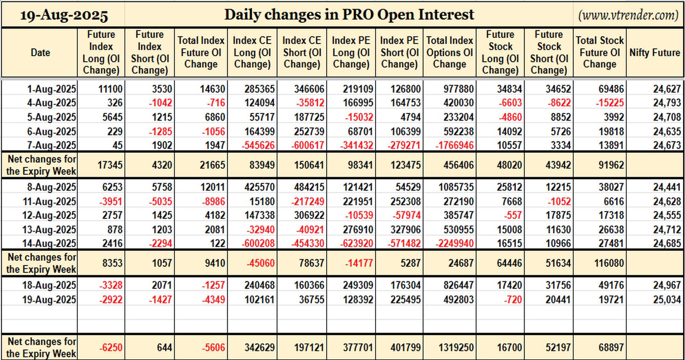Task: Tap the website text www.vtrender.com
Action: [628, 15]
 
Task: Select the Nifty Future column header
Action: [655, 52]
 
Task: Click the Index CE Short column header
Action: [302, 52]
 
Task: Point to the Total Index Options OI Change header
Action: [449, 52]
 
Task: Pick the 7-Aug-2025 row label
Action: [51, 145]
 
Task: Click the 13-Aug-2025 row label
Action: [49, 229]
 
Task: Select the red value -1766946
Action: [454, 145]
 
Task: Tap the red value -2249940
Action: [454, 243]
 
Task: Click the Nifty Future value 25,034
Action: [667, 300]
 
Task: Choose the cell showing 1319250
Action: [456, 348]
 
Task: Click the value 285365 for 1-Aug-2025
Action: [259, 89]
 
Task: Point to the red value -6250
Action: [111, 348]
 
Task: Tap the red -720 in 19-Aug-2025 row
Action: [513, 300]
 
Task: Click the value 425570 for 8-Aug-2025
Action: [259, 187]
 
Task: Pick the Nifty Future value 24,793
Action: [667, 103]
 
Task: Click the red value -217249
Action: [307, 202]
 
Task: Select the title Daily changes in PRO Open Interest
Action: [349, 15]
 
